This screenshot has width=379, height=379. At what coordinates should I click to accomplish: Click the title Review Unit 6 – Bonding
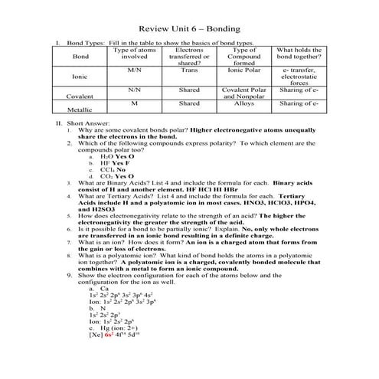189,28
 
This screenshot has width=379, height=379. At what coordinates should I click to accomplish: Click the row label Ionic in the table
80,77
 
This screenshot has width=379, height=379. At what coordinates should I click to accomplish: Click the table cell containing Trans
190,70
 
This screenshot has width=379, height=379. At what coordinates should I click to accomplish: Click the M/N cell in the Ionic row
135,70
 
